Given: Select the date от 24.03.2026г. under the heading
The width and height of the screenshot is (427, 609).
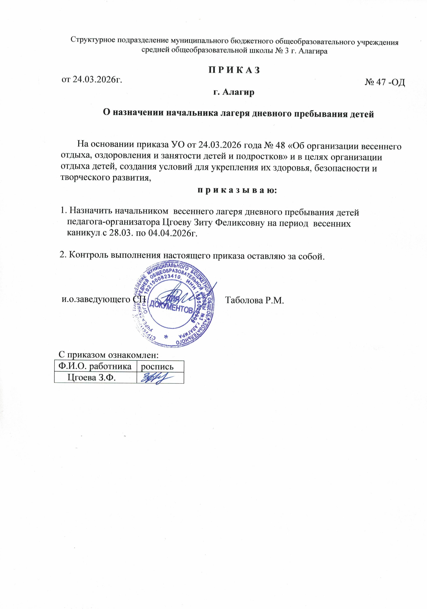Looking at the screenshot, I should click(x=92, y=80).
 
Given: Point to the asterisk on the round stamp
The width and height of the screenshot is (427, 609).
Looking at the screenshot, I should click(x=166, y=337).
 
